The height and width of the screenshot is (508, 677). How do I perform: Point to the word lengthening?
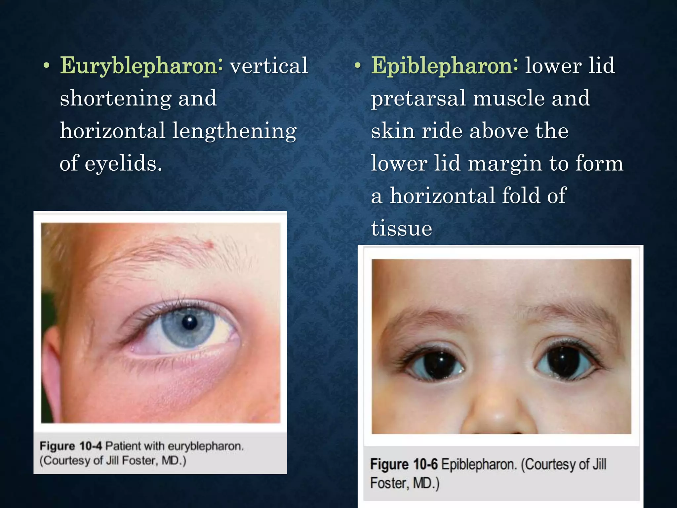234,131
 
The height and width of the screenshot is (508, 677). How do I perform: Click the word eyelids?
123,163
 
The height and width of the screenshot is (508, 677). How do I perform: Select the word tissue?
401,228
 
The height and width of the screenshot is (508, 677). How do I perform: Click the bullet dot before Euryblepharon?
47,66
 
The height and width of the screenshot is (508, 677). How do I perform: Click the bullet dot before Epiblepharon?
357,66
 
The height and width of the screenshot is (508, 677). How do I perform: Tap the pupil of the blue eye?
190,322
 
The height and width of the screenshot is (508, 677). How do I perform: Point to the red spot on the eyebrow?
209,245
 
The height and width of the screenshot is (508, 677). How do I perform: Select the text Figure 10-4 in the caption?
70,446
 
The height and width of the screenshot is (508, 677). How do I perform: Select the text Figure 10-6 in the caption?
404,464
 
